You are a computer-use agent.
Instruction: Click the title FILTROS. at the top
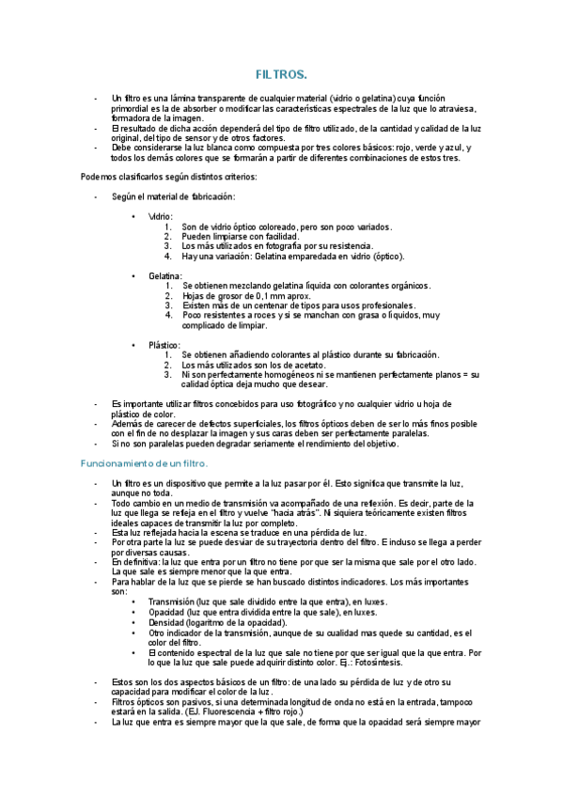pos(281,73)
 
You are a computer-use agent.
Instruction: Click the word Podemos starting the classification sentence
pos(100,177)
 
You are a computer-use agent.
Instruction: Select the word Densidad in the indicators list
pos(167,622)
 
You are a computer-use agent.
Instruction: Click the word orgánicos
pos(405,285)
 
